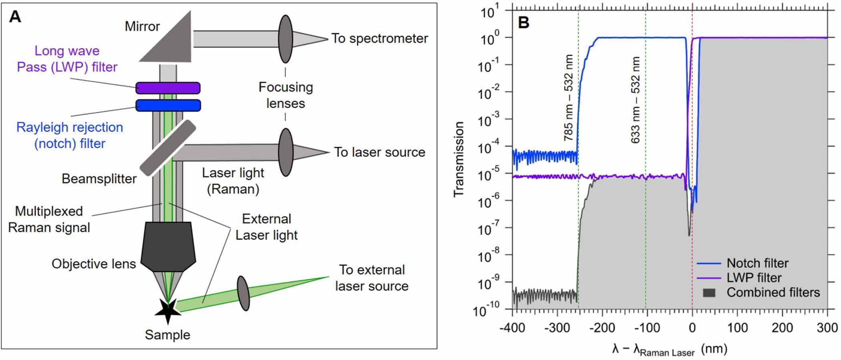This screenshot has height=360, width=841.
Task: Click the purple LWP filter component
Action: click(168, 88)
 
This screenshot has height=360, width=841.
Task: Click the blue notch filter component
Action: click(168, 105)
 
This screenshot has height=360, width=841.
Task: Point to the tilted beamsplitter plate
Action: click(168, 148)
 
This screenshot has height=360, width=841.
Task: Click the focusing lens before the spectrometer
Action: click(285, 39)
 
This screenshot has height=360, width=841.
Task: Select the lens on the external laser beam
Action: click(243, 293)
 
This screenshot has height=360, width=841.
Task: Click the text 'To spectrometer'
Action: click(379, 38)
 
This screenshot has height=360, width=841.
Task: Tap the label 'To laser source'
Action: click(379, 152)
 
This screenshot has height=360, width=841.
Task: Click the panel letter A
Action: click(15, 17)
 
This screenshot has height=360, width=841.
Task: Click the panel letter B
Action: click(523, 22)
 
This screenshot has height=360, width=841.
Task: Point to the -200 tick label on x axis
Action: click(602, 328)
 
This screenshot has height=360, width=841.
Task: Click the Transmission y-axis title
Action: click(459, 159)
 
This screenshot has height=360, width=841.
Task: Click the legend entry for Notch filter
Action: click(757, 263)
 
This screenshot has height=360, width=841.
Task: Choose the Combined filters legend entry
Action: click(773, 292)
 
